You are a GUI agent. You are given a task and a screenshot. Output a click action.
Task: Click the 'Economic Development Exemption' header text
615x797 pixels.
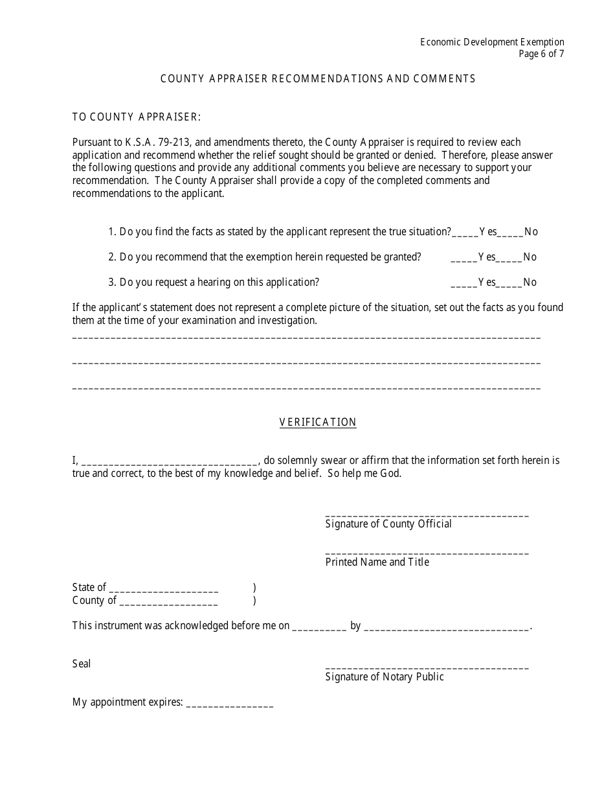(492, 42)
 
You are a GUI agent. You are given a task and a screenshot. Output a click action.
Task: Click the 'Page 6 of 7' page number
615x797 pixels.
(541, 54)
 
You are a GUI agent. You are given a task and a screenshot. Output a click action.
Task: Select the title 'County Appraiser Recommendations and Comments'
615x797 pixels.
(318, 78)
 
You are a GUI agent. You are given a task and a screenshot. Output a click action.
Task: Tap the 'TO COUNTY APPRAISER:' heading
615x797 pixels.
(137, 117)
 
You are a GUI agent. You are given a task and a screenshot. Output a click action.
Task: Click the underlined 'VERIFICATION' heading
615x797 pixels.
(318, 422)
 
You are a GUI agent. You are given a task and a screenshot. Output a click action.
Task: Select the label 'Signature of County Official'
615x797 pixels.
(388, 524)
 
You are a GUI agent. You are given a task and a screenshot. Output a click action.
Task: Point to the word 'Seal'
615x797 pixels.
(82, 664)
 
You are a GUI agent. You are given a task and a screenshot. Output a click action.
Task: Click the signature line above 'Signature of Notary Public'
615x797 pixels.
(427, 667)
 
